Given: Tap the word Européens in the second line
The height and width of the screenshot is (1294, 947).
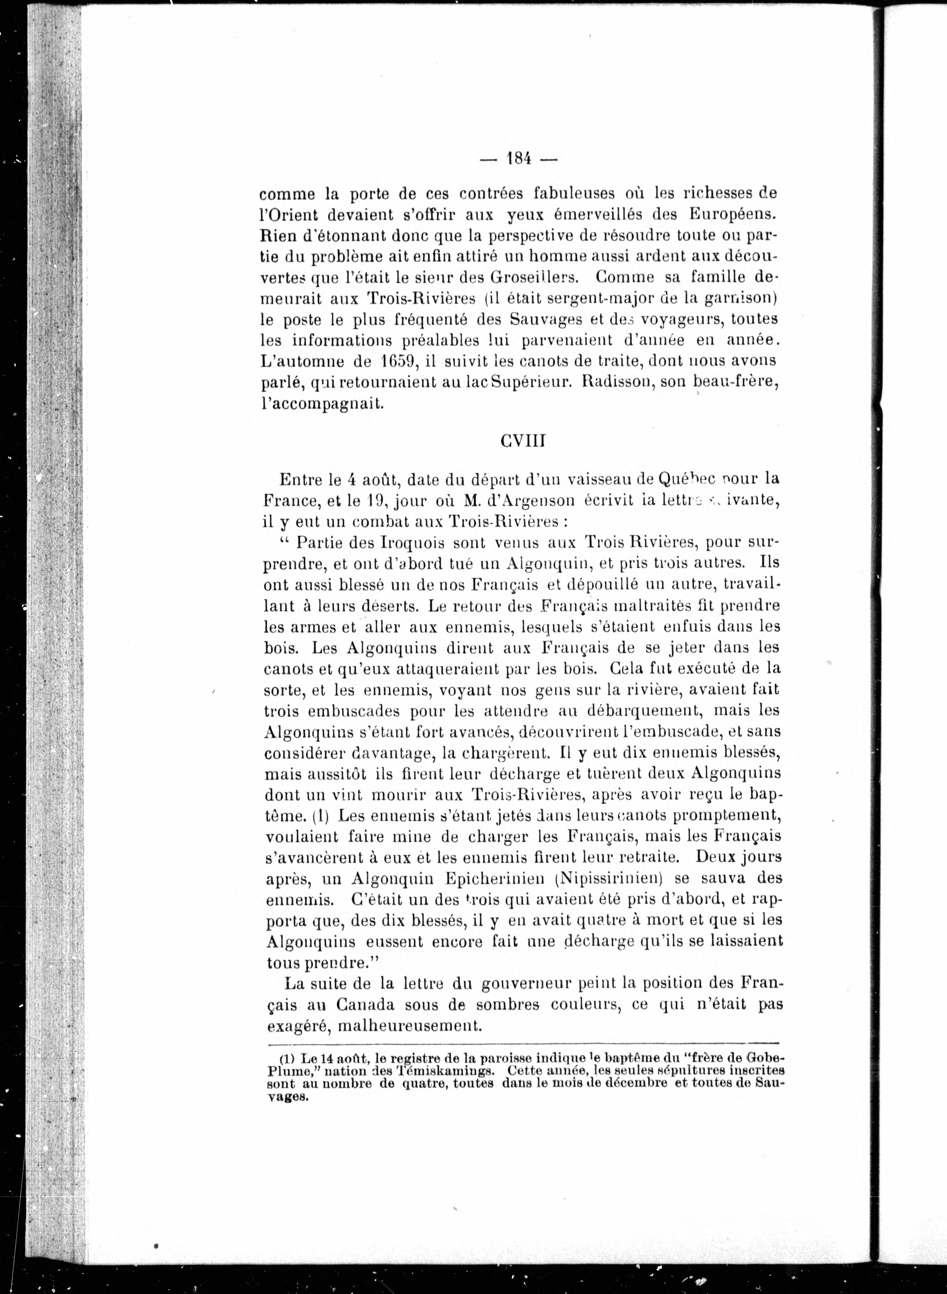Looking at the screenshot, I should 735,215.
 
